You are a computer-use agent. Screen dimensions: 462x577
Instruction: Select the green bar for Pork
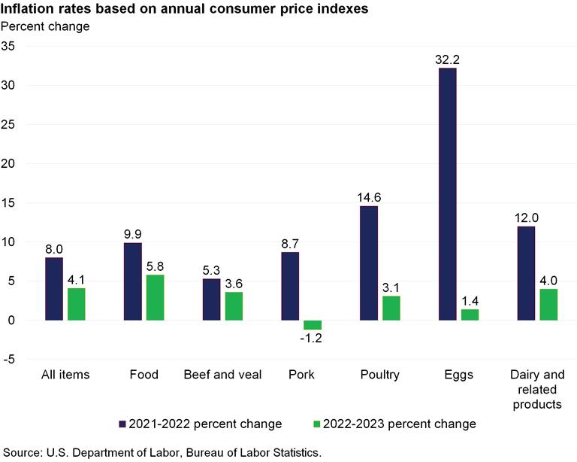(x=313, y=325)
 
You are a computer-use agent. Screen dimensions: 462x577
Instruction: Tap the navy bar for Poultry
(x=369, y=263)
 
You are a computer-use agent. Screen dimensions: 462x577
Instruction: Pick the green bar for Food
(x=156, y=297)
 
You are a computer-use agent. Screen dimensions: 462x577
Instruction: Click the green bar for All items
(x=77, y=304)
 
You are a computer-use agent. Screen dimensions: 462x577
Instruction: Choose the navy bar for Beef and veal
(x=211, y=299)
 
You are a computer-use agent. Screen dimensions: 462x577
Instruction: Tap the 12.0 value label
(x=526, y=217)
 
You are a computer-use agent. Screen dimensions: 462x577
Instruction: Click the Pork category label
(x=301, y=375)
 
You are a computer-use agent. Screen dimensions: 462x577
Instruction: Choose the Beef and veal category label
(x=222, y=375)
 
